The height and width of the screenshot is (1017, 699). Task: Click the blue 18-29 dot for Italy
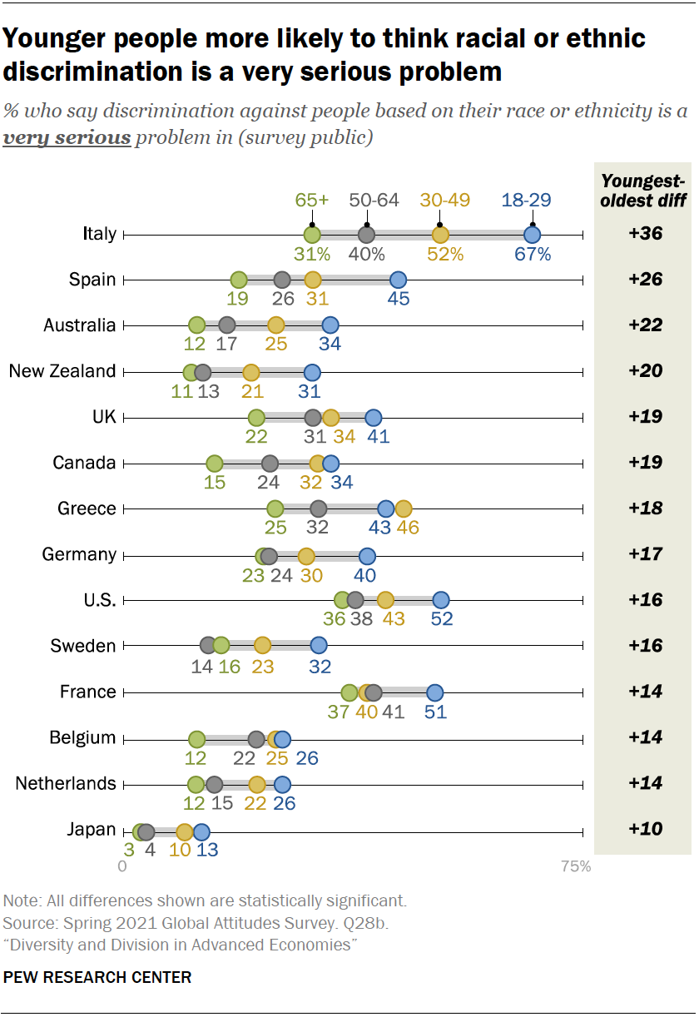point(532,235)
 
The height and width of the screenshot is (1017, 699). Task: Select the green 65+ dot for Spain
point(239,280)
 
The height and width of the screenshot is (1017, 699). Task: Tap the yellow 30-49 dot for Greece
point(404,508)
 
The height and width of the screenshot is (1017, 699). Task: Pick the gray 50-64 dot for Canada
point(270,463)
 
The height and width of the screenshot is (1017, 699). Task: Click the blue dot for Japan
point(201,831)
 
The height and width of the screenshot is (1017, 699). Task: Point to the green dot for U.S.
point(342,600)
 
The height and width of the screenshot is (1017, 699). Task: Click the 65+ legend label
point(312,201)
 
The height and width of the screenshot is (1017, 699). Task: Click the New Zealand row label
point(62,371)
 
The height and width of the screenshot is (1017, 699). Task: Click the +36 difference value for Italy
point(646,234)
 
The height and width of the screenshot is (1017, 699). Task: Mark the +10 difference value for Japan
point(646,830)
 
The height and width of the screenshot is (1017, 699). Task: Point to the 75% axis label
point(576,866)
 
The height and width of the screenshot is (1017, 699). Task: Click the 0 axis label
point(123,866)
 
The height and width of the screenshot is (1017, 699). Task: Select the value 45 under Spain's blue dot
point(399,300)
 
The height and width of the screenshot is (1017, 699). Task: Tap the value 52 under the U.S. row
point(441,620)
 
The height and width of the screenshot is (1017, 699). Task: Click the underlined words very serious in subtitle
point(67,137)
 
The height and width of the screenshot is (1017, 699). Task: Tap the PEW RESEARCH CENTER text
point(97,977)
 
